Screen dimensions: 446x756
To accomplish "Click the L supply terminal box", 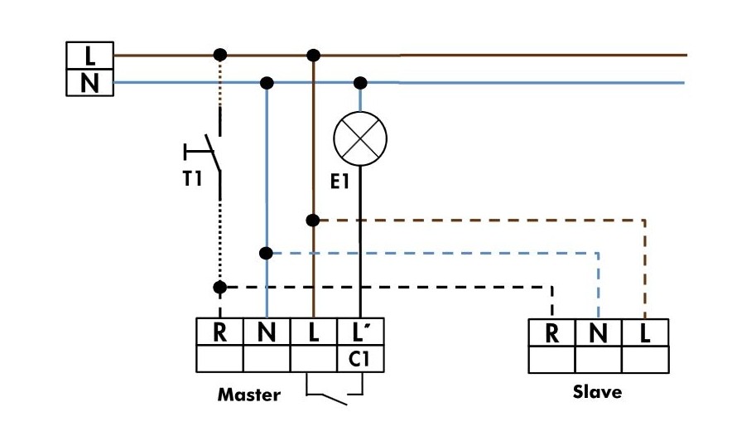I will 89,56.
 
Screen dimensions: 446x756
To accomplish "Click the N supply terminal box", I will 89,83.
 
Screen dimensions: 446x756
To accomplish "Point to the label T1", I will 192,177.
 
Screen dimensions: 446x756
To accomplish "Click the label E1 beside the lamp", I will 339,182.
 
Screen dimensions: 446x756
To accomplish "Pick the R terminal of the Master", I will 219,332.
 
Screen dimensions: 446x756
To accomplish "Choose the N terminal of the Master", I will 267,332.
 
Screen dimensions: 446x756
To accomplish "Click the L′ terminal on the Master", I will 361,332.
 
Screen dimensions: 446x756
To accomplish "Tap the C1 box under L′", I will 361,359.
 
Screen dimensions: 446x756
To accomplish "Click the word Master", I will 248,395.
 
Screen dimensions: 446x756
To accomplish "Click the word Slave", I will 597,391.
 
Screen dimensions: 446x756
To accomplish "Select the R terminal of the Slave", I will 551,332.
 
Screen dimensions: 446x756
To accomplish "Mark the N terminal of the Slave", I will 599,332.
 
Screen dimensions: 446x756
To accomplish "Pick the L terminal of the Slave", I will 645,332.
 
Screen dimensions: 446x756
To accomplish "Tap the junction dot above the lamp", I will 360,83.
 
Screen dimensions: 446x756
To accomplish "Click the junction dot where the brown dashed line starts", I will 313,221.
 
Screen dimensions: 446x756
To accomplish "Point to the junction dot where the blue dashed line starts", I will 267,253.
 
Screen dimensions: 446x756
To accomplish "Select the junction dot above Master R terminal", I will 219,288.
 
